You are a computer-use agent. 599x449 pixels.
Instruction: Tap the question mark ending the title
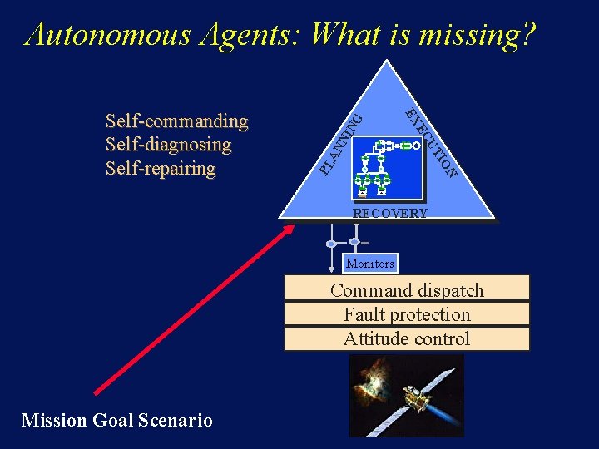pyautogui.click(x=527, y=34)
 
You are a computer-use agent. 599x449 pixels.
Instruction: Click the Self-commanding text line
pyautogui.click(x=176, y=121)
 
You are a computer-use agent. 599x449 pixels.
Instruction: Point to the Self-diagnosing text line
pyautogui.click(x=168, y=145)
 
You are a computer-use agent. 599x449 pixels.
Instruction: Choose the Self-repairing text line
pyautogui.click(x=161, y=169)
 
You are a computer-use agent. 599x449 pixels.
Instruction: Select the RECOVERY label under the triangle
pyautogui.click(x=390, y=214)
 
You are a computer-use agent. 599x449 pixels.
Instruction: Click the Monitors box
pyautogui.click(x=370, y=264)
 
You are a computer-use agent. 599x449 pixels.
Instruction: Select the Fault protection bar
pyautogui.click(x=407, y=314)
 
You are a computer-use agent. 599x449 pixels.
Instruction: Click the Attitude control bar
pyautogui.click(x=407, y=339)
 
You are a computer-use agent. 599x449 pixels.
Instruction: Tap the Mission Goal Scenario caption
pyautogui.click(x=117, y=420)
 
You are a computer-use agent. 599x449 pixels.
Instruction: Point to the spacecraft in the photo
pyautogui.click(x=416, y=402)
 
